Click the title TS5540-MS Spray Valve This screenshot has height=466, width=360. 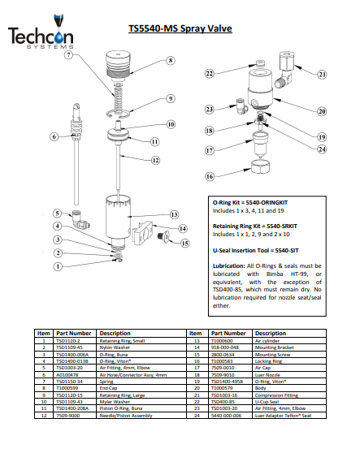190,28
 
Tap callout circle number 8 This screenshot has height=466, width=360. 171,60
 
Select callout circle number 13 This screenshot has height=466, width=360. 174,214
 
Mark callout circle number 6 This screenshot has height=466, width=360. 54,137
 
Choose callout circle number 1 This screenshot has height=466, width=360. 58,265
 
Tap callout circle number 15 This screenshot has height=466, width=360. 184,243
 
